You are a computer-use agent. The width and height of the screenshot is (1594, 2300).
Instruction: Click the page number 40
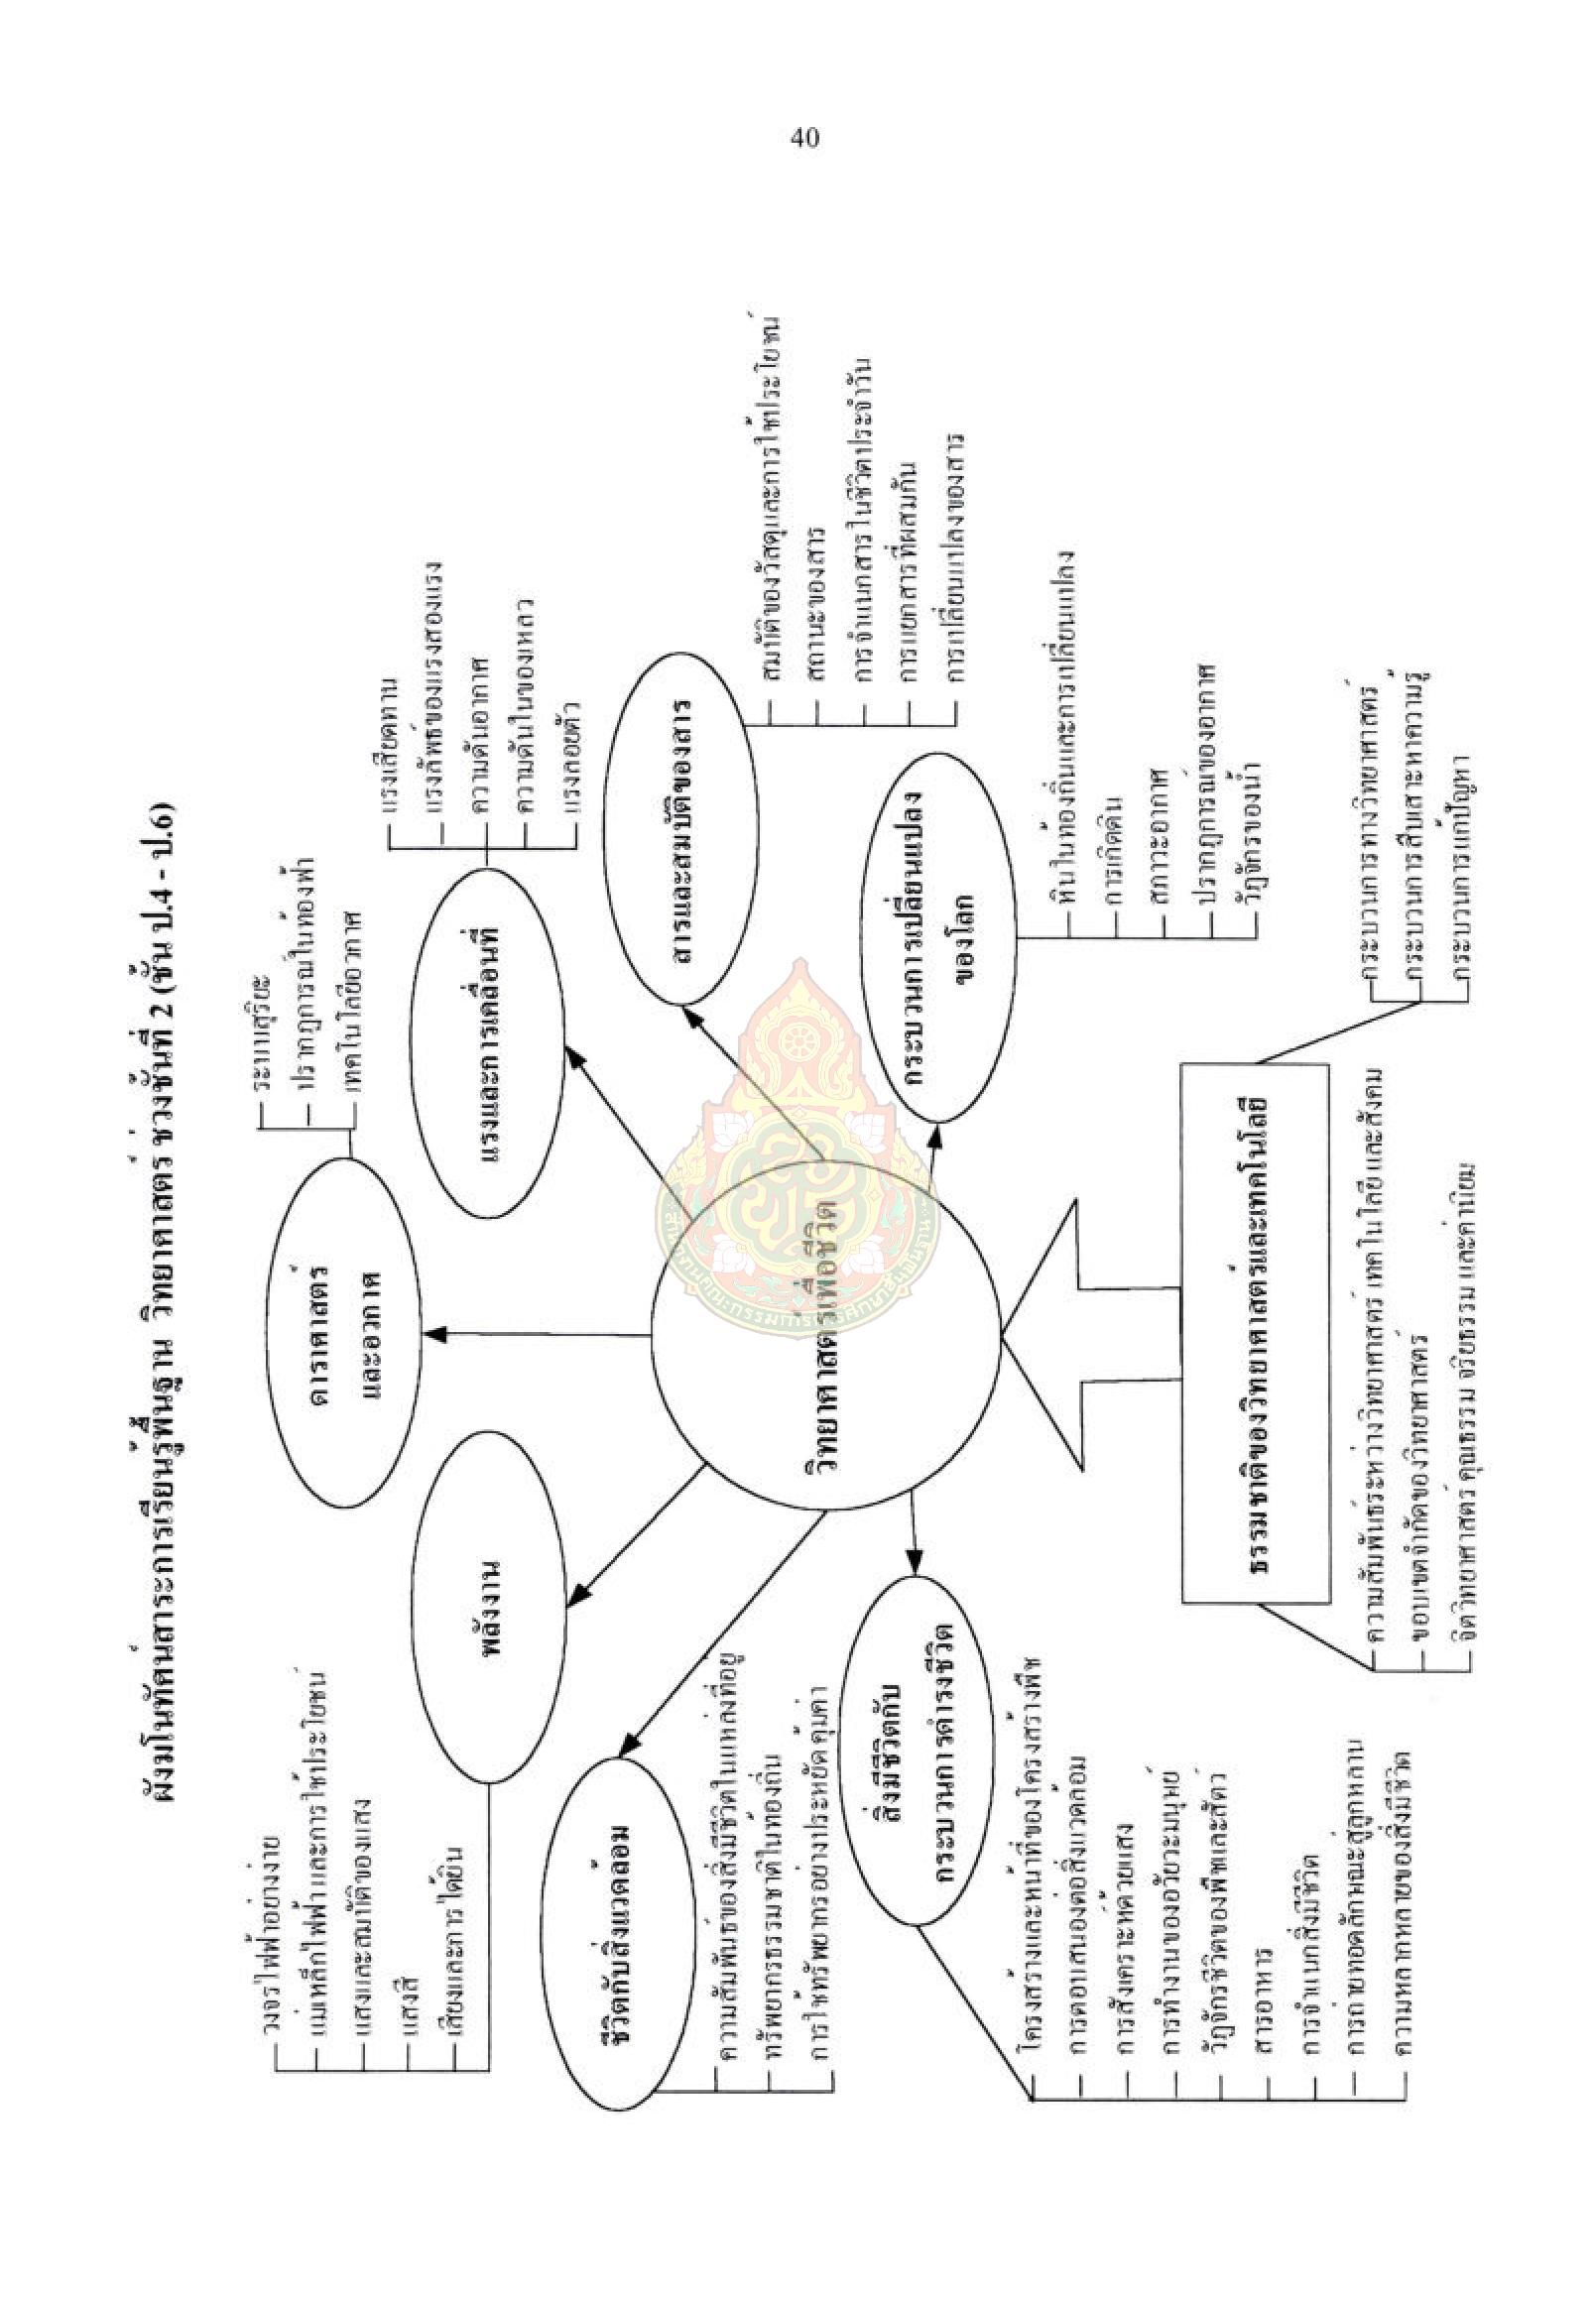click(804, 138)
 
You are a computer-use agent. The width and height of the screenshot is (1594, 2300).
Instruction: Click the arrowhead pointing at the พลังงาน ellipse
click(577, 1599)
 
